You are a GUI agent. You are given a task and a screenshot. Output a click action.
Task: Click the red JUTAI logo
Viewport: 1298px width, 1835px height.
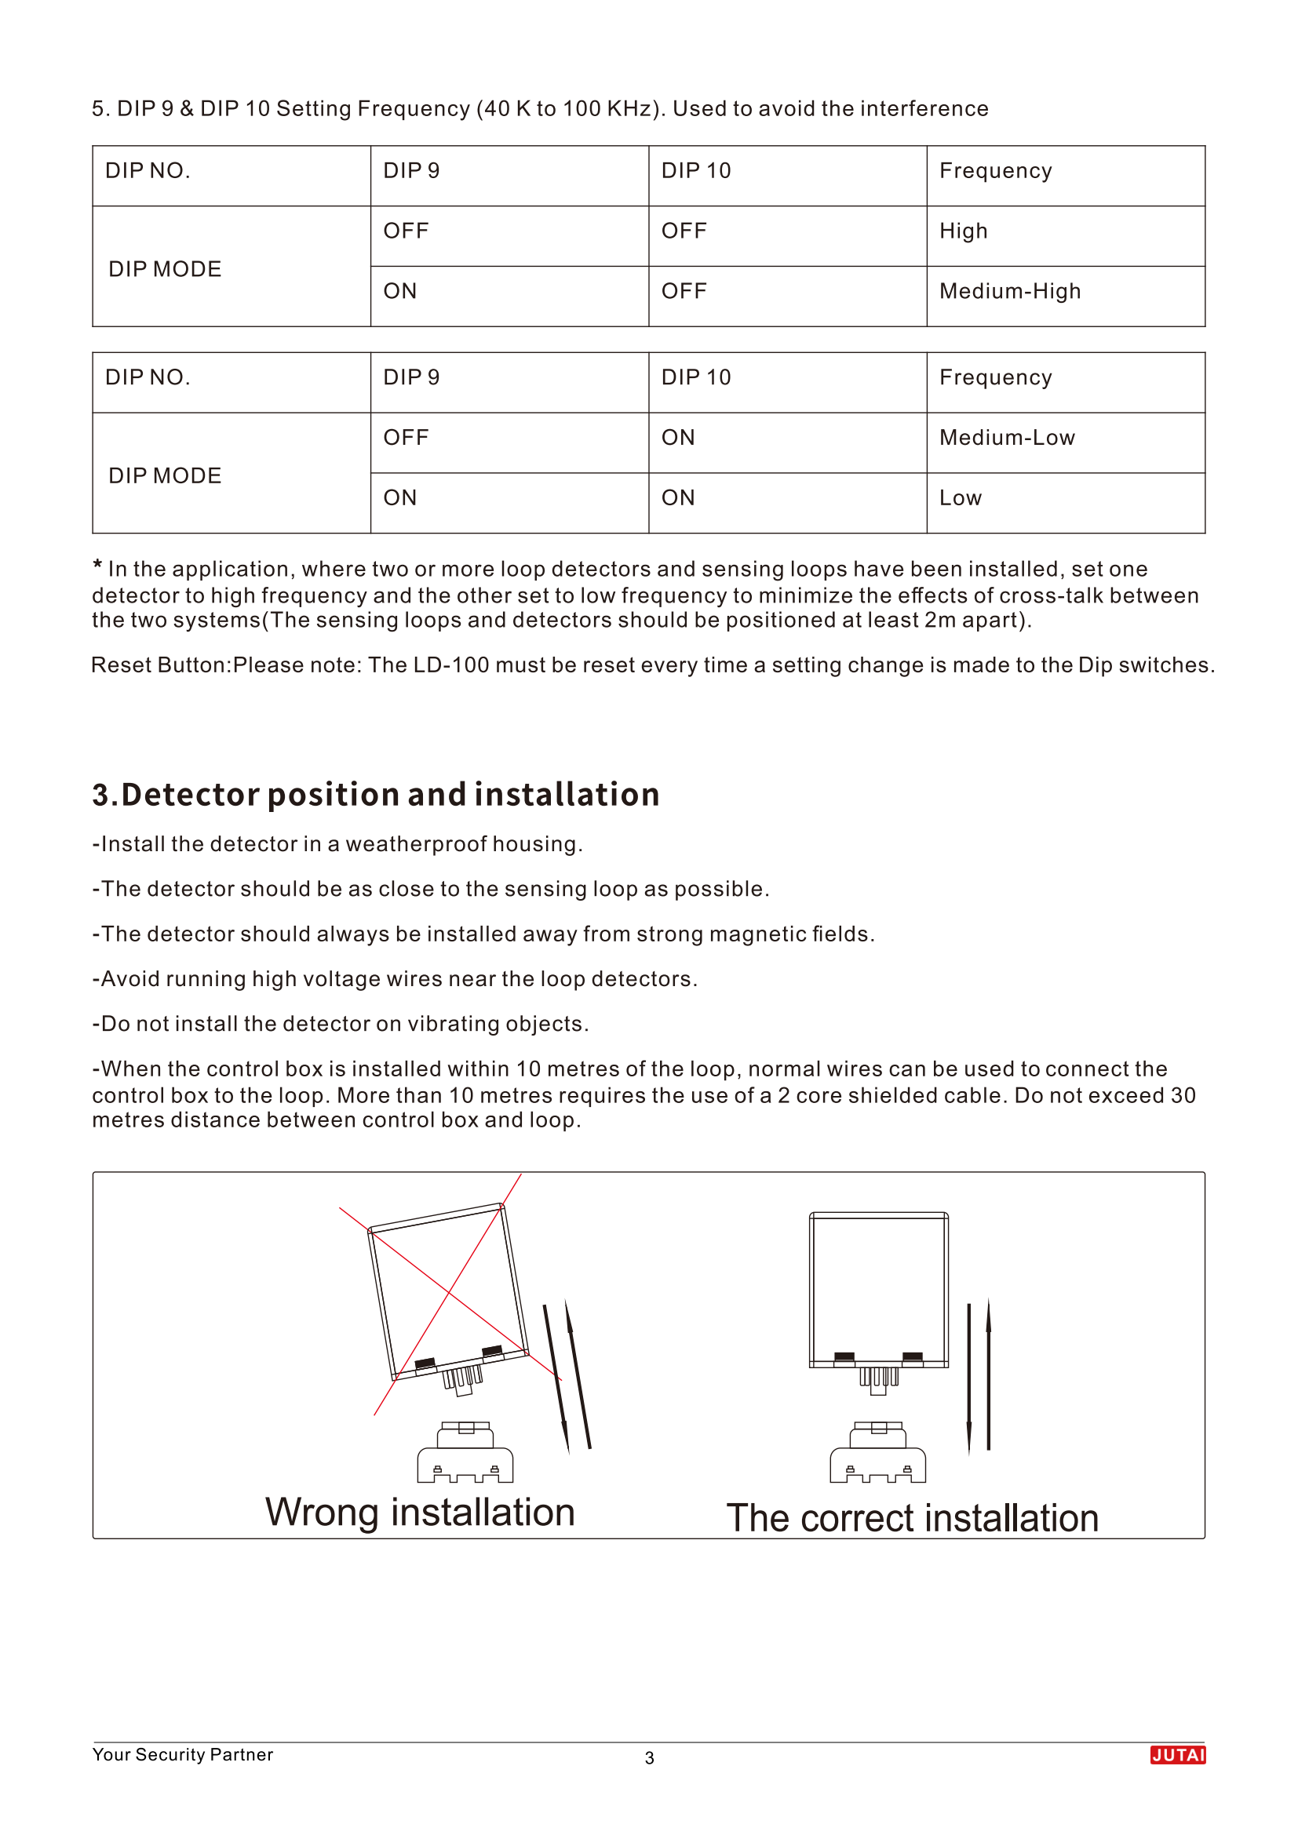[1177, 1754]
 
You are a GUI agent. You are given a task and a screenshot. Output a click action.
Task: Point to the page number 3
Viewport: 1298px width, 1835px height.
[649, 1757]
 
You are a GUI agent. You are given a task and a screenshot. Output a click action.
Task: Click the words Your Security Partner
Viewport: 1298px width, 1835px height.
[182, 1753]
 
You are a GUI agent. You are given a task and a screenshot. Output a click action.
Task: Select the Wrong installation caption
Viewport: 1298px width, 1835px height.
[420, 1512]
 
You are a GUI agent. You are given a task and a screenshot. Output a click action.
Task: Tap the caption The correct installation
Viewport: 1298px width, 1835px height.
[912, 1518]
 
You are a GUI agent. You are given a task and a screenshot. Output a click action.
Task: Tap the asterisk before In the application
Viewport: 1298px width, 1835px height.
[97, 566]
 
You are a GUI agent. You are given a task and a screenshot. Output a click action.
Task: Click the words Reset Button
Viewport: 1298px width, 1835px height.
[160, 665]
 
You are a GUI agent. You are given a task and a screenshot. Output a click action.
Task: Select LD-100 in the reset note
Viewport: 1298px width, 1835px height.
[450, 665]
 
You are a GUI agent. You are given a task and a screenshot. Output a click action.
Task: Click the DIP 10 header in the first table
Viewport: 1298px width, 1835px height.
[695, 171]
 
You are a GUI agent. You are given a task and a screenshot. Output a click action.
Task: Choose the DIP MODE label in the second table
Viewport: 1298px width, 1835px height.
[165, 475]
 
